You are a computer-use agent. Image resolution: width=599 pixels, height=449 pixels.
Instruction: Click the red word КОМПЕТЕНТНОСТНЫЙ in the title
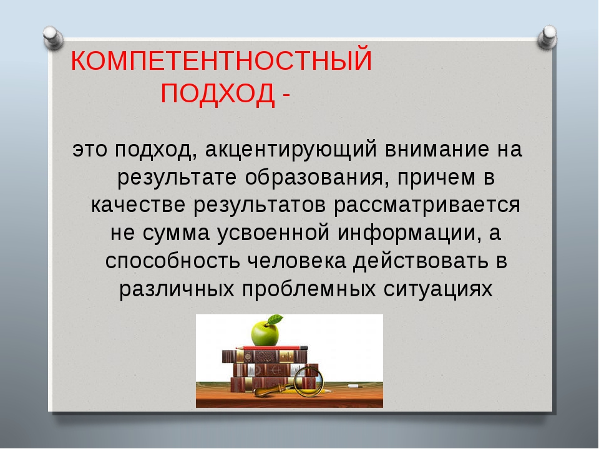pos(221,60)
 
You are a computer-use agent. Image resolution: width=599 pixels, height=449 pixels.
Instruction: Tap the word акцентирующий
pos(291,150)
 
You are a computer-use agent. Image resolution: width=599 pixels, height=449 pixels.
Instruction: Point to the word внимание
pos(436,149)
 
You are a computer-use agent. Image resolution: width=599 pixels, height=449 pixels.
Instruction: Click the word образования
pos(313,178)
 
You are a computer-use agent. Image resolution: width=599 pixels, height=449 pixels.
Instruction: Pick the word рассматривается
pos(427,205)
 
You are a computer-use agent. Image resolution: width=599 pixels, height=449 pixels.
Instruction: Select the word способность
pos(173,261)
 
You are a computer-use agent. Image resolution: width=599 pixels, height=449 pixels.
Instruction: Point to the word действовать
pos(420,261)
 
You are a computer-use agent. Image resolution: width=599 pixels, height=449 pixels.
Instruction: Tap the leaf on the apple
pos(275,320)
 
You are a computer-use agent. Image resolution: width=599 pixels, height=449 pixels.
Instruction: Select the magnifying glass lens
pos(308,380)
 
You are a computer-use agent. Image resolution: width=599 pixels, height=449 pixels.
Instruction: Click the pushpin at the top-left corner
pos(53,38)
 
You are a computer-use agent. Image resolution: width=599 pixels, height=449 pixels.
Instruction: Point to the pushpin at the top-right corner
pos(547,37)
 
